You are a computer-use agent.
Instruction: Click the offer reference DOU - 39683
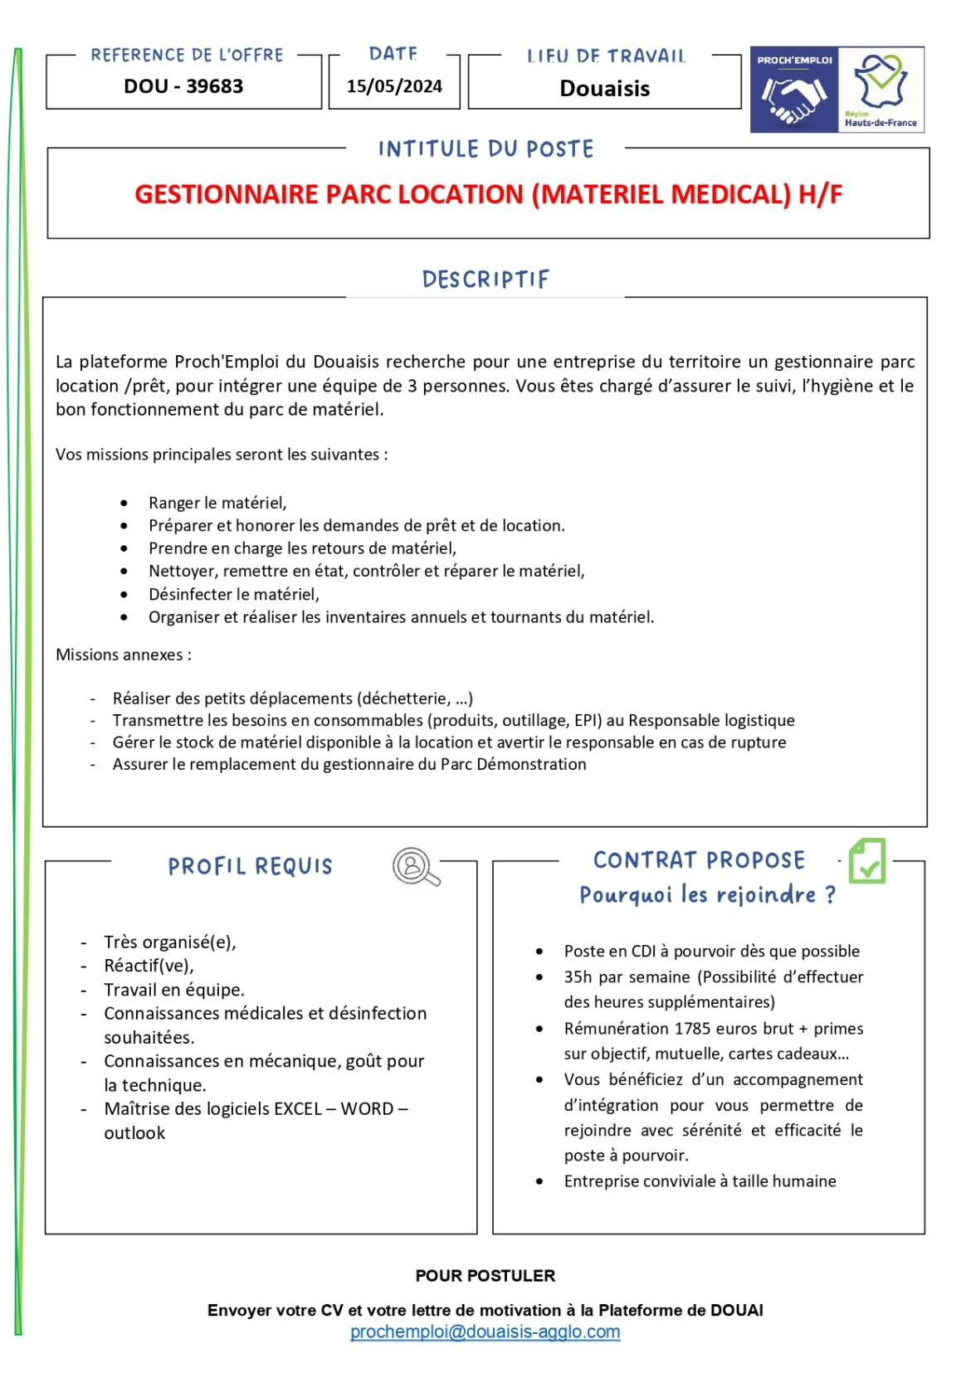(183, 86)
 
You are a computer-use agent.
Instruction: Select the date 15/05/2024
(394, 86)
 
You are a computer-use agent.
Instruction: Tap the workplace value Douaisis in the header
(604, 89)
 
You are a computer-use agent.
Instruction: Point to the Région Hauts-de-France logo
(881, 90)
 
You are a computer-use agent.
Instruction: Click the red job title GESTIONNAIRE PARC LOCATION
(488, 194)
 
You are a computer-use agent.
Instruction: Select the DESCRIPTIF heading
(486, 280)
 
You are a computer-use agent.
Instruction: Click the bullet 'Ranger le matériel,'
(217, 503)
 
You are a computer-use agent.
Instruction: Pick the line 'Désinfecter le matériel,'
(234, 594)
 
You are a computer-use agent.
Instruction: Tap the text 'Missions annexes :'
(124, 655)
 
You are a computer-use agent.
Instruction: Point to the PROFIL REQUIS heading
(250, 867)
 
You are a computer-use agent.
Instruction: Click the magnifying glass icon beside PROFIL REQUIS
(415, 866)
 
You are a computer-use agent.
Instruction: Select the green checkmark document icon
(867, 861)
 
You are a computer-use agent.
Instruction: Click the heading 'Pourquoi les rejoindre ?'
(707, 895)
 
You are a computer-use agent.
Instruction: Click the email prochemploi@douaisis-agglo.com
(485, 1332)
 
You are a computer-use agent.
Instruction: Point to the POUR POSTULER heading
(485, 1276)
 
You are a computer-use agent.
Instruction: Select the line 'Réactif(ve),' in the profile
(149, 966)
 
